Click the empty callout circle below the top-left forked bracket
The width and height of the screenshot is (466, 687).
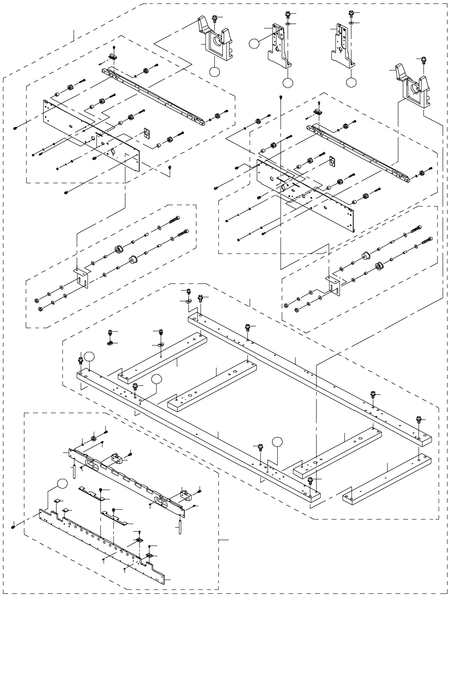point(214,72)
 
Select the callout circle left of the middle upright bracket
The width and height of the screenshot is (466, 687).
point(254,43)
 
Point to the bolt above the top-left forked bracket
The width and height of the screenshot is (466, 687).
point(215,18)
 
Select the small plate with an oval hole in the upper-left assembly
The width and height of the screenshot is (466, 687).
point(146,134)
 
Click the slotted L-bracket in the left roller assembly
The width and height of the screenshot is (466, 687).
point(81,277)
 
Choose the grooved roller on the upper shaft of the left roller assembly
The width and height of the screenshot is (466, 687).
point(119,249)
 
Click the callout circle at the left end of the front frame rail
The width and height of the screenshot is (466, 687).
point(90,356)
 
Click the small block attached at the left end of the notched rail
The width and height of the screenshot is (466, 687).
point(117,458)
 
